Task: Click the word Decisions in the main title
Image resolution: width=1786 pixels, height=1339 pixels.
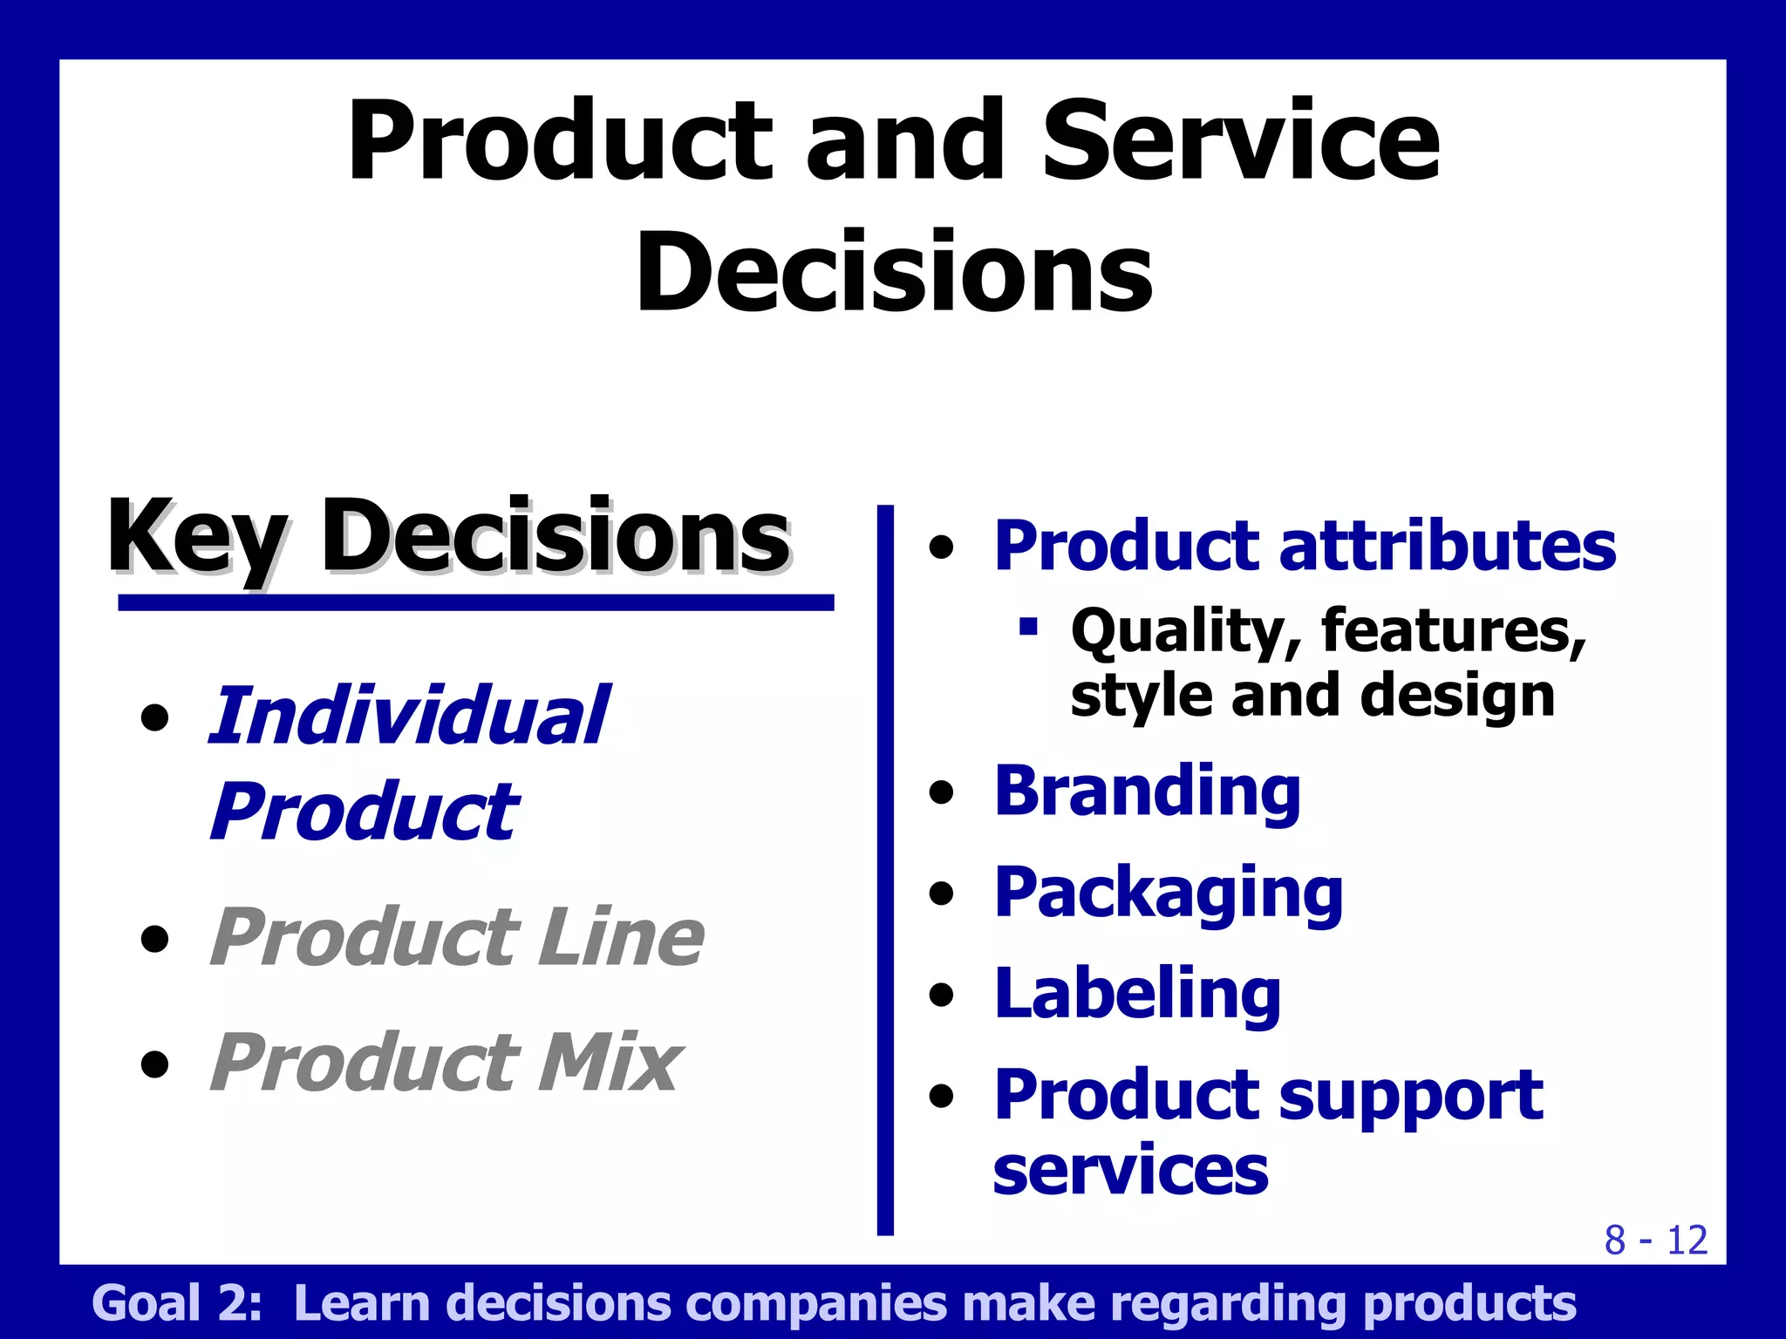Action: [895, 272]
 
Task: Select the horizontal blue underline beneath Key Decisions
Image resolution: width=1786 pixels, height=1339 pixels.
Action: [476, 602]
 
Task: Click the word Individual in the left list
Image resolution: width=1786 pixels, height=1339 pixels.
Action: [408, 717]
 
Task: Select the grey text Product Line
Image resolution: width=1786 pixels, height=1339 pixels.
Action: [456, 938]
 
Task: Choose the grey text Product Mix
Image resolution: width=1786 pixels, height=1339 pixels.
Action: [446, 1063]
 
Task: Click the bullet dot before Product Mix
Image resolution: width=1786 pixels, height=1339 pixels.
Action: [155, 1064]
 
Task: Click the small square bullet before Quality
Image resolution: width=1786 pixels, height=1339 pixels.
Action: [1029, 626]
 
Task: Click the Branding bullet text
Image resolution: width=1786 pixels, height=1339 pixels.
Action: [1147, 792]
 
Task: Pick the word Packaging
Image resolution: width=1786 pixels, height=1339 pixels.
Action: [1169, 894]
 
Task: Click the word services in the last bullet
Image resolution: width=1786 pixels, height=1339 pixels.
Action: [1130, 1170]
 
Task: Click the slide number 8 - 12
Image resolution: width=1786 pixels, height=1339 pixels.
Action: [1655, 1240]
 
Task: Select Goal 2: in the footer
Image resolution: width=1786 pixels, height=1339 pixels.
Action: [177, 1303]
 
